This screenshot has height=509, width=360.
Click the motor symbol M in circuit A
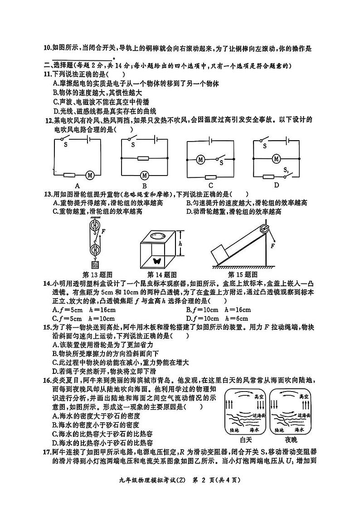point(90,175)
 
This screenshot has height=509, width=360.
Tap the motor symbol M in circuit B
point(145,175)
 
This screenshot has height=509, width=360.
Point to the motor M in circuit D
point(275,158)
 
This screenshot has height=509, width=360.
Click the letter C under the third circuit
point(211,185)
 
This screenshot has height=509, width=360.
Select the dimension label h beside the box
point(180,244)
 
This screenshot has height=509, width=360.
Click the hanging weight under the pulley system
point(95,265)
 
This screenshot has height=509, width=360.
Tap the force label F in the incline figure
point(273,246)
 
